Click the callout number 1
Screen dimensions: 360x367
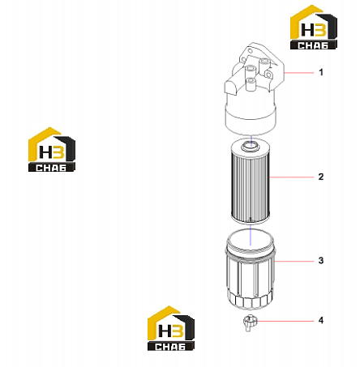pos(321,72)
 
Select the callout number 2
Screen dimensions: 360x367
pos(321,177)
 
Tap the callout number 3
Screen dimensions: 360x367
pos(321,261)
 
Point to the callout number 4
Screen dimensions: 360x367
pos(321,321)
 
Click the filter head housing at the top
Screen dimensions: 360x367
pos(254,89)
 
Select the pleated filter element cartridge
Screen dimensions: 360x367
pos(251,181)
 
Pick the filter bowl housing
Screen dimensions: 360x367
pos(250,270)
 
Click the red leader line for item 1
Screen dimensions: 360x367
pos(298,73)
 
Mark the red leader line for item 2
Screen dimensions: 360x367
pos(292,177)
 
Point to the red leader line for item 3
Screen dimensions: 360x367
pos(294,261)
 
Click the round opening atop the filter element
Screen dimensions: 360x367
pos(251,146)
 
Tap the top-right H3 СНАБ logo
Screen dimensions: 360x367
pos(314,27)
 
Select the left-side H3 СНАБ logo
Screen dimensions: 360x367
pos(52,149)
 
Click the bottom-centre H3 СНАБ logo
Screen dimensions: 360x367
pos(171,328)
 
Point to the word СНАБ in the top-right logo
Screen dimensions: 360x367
pos(313,45)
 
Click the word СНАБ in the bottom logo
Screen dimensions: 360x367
pos(170,347)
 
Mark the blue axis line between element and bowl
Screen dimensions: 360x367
pos(251,234)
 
